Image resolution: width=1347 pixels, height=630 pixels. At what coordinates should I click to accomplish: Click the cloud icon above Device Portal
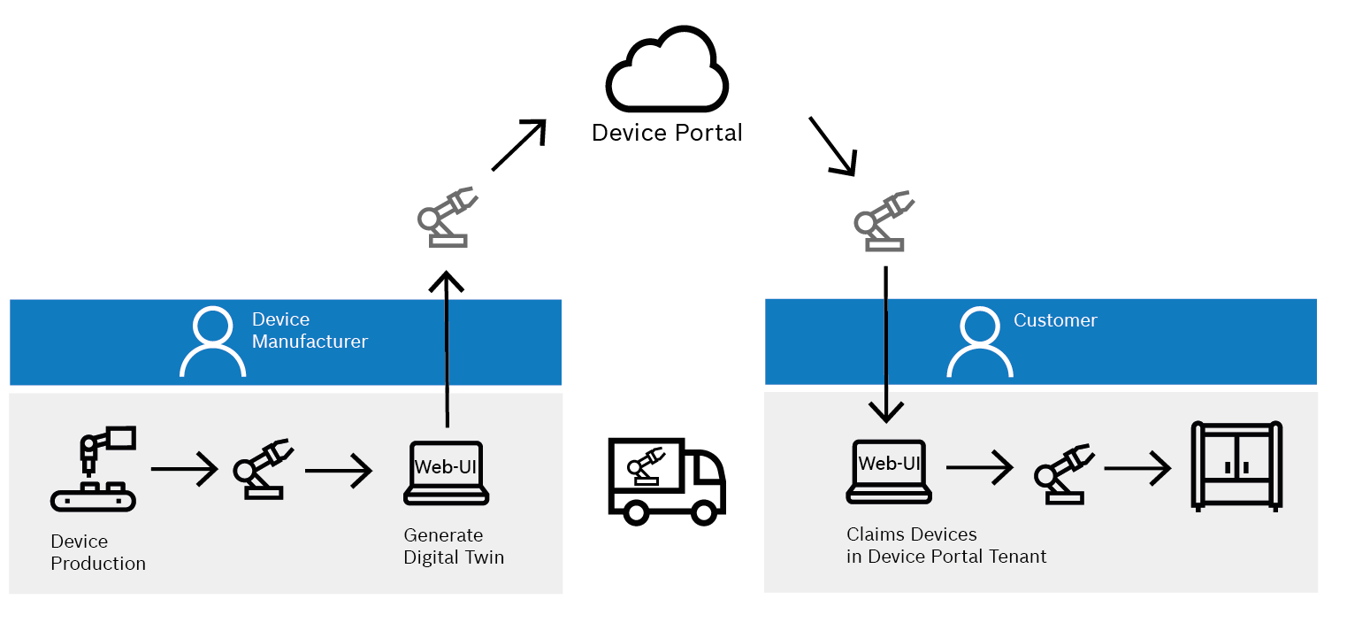pyautogui.click(x=668, y=70)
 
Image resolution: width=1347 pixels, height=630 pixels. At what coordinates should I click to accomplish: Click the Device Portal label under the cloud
pyautogui.click(x=667, y=133)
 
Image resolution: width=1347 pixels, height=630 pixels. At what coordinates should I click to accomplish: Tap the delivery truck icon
pyautogui.click(x=666, y=478)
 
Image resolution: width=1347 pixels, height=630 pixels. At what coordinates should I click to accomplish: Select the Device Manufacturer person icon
pyautogui.click(x=212, y=342)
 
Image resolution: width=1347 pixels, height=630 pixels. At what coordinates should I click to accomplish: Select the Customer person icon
pyautogui.click(x=979, y=342)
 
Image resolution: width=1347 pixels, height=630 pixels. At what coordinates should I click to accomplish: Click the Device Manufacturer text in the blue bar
pyautogui.click(x=309, y=330)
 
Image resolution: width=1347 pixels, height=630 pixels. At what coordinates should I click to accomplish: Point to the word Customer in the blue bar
pyautogui.click(x=1055, y=320)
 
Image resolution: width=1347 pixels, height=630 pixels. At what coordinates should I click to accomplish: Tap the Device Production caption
pyautogui.click(x=97, y=552)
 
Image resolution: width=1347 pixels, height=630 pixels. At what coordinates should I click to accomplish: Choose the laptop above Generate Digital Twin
pyautogui.click(x=447, y=472)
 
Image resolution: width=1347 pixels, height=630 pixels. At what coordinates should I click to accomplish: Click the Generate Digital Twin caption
pyautogui.click(x=454, y=546)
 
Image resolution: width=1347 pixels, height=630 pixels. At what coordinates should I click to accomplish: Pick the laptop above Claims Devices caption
pyautogui.click(x=888, y=471)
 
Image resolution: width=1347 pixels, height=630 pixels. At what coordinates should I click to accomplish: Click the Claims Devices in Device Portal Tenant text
pyautogui.click(x=946, y=546)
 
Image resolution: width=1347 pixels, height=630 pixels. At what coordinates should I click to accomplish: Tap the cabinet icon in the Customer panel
pyautogui.click(x=1236, y=465)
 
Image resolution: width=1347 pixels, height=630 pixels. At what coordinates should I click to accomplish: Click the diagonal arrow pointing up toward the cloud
pyautogui.click(x=519, y=144)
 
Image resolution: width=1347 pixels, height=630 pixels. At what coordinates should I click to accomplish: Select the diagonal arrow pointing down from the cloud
pyautogui.click(x=832, y=146)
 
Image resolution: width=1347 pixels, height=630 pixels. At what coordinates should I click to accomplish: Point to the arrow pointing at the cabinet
pyautogui.click(x=1137, y=468)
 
